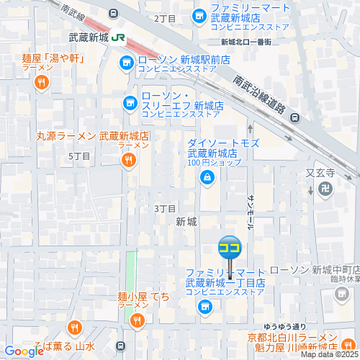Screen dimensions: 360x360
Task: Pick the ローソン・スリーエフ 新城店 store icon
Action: coord(130,102)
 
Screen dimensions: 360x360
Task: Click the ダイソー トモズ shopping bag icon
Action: coord(207,177)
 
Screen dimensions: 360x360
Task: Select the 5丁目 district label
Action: coord(78,156)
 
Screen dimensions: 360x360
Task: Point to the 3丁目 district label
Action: coord(165,209)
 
